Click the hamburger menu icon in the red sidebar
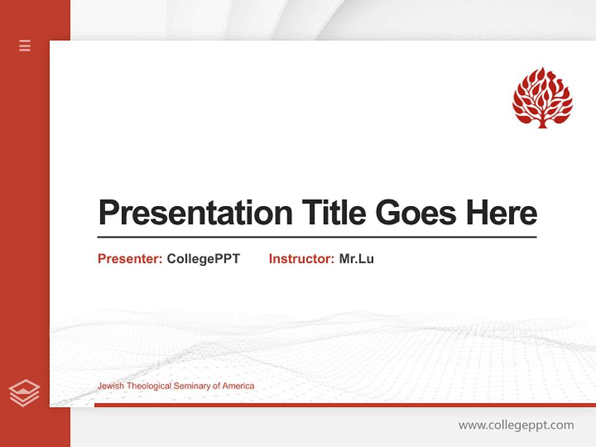25,45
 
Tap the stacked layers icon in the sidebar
24,393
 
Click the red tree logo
542,97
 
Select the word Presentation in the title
195,213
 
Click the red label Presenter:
130,259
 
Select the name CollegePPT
203,259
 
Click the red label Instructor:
301,259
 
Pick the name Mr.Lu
356,259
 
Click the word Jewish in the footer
109,386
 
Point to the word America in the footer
238,386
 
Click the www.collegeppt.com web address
516,425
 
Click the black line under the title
317,237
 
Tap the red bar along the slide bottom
345,405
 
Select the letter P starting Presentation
108,213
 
